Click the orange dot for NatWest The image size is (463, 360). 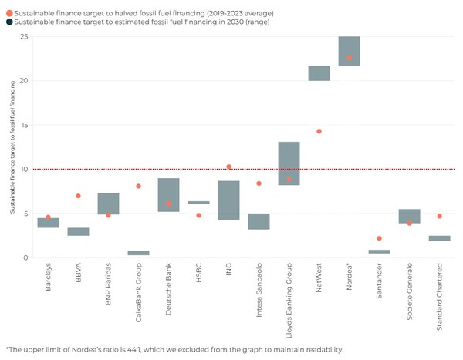[319, 131]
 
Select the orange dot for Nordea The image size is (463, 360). [349, 58]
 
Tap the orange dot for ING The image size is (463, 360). [228, 167]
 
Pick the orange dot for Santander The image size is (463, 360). [379, 238]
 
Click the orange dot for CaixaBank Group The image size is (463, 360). [138, 186]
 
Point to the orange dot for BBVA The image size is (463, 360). [78, 196]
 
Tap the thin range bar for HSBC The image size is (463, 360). [198, 202]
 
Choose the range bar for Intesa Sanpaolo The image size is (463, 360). [259, 221]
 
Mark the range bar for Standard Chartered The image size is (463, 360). [439, 238]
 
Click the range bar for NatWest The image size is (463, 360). [319, 73]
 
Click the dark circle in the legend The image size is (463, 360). [8, 23]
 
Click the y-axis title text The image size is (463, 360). [13, 147]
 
